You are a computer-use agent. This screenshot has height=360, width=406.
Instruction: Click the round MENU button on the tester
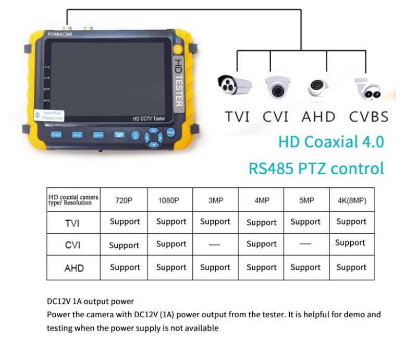(170, 133)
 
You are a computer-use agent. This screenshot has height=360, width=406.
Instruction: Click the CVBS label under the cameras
(368, 117)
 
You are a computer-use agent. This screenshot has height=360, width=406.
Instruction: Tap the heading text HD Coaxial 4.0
(331, 141)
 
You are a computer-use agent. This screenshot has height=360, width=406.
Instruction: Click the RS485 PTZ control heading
(316, 168)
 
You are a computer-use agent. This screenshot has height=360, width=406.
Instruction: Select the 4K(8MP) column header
(351, 200)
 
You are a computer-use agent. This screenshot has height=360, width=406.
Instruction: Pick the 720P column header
(125, 200)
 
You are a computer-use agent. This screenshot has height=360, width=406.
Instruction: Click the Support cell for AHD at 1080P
(171, 267)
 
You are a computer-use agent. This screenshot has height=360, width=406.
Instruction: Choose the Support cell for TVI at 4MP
(261, 222)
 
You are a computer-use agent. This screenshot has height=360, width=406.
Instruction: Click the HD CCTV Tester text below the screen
(149, 119)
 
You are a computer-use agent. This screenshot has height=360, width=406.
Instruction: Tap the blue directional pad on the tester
(153, 137)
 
